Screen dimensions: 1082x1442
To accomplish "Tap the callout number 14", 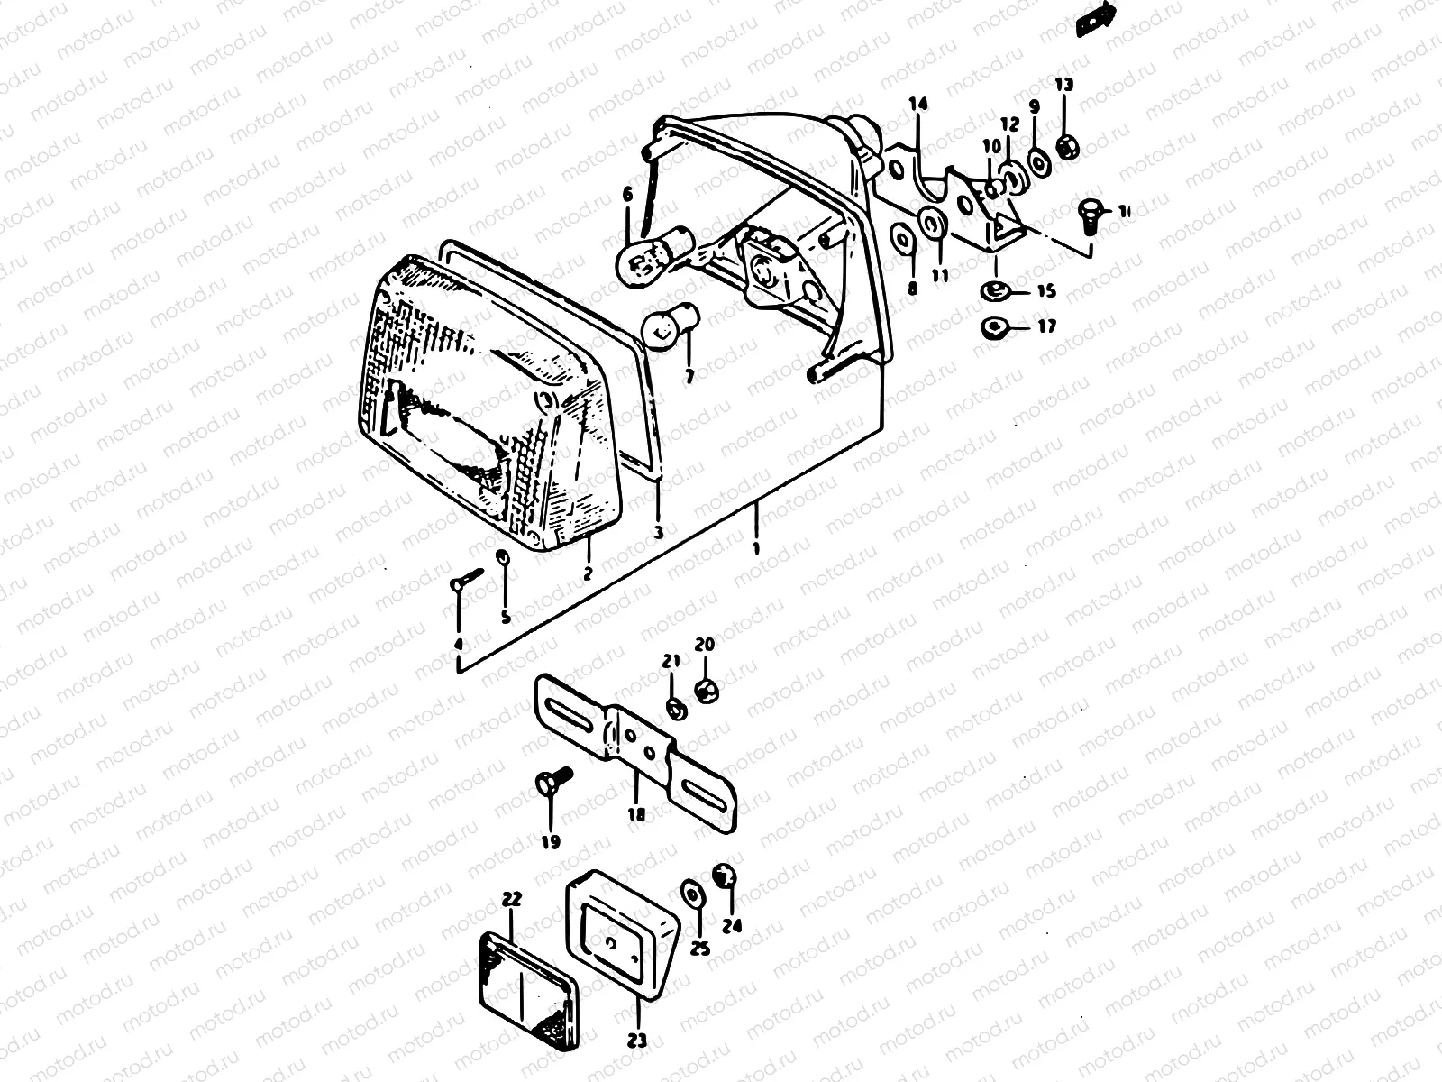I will (x=917, y=104).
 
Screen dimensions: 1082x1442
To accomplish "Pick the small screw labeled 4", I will (x=466, y=580).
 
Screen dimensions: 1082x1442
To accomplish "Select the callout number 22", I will (x=512, y=899).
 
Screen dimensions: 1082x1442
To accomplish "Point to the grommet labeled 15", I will (x=995, y=290).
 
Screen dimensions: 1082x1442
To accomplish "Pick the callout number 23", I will (x=637, y=1041).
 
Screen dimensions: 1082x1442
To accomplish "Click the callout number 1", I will (x=755, y=547).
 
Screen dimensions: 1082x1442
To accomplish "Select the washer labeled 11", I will (x=930, y=221).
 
